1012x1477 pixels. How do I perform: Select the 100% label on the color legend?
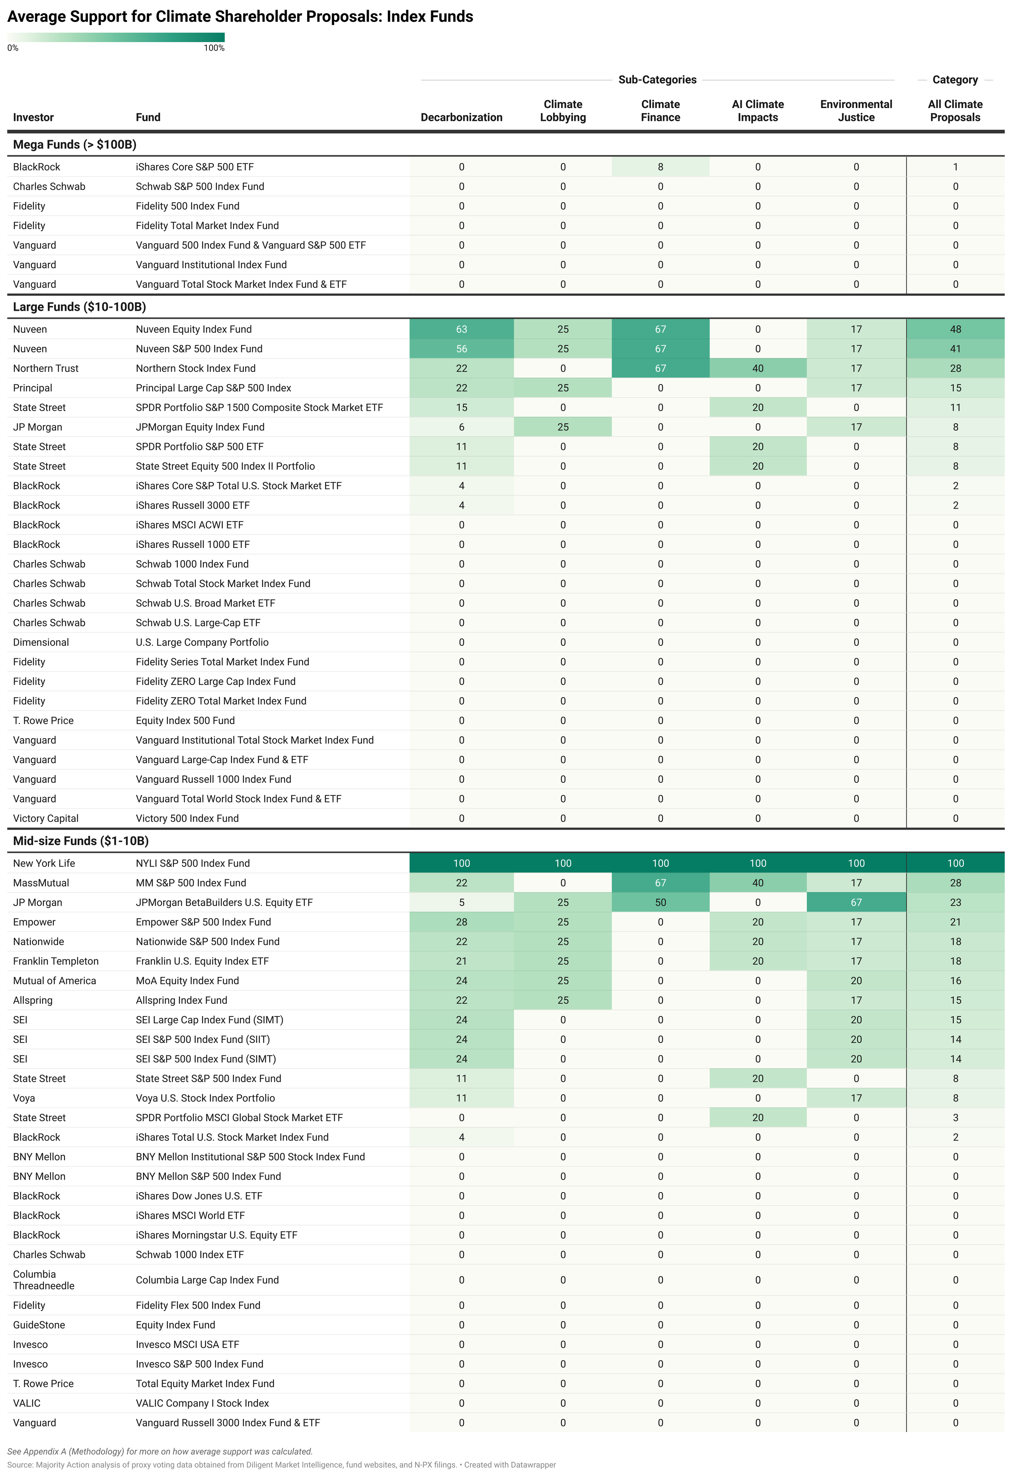pos(214,48)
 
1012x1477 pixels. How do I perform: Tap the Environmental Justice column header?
pos(856,110)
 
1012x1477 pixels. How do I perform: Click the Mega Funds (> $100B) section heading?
pos(74,145)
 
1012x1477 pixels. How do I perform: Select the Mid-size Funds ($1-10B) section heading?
pos(81,841)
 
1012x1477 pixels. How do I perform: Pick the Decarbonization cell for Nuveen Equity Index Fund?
pos(461,329)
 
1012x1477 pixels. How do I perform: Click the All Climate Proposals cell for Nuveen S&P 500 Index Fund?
pos(955,349)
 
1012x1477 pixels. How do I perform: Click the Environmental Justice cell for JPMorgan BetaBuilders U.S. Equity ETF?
pos(856,902)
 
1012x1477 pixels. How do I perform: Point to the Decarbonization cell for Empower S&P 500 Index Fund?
pos(461,922)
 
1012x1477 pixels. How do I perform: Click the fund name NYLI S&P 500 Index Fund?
pos(193,864)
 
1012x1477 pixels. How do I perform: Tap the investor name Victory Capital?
pos(46,819)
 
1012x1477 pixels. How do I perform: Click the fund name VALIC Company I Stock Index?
pos(202,1403)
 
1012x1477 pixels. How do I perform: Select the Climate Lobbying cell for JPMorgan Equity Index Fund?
pos(563,427)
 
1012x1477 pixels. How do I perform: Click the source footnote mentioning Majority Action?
pos(281,1465)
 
